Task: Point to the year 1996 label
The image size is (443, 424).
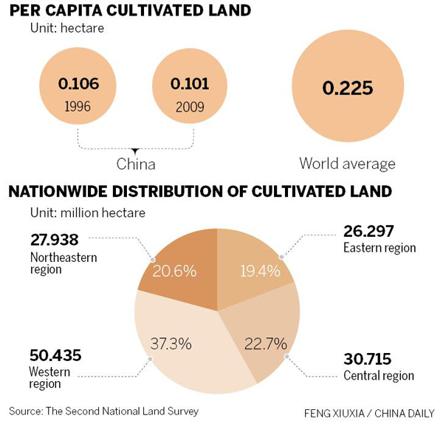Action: [x=78, y=106]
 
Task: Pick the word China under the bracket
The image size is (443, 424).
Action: [x=136, y=164]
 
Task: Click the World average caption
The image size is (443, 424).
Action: [x=348, y=164]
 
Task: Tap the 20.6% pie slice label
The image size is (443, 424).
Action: [x=175, y=271]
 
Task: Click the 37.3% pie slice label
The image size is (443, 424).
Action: [x=171, y=343]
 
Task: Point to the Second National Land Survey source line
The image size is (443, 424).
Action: [x=104, y=410]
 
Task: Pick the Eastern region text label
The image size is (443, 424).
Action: [x=380, y=248]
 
